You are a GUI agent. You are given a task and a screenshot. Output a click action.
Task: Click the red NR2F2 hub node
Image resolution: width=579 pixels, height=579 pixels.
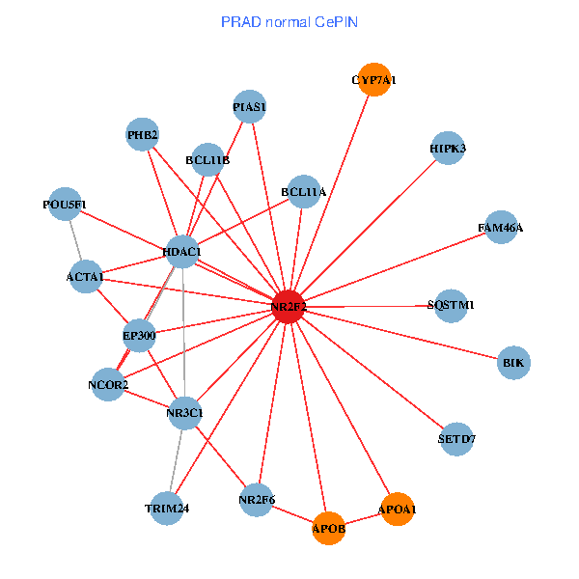[x=289, y=306]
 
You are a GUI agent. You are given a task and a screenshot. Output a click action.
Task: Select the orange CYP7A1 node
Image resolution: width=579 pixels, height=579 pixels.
[x=373, y=80]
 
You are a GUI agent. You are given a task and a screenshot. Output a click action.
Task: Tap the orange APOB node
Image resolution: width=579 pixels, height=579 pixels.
[x=329, y=528]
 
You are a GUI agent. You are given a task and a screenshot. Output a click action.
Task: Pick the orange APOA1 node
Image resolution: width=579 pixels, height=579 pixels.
[x=398, y=509]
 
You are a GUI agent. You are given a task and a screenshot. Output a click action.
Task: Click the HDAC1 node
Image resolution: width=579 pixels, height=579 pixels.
[x=181, y=253]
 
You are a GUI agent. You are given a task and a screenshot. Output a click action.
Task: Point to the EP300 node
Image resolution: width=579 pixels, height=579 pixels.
[x=139, y=337]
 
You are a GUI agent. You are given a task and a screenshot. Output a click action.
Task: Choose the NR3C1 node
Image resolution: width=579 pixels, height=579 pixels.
[x=184, y=414]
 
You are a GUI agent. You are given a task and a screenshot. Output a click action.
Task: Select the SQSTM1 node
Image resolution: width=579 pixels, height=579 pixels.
[x=451, y=305]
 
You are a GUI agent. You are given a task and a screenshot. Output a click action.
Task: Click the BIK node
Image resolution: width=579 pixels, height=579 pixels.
[x=513, y=363]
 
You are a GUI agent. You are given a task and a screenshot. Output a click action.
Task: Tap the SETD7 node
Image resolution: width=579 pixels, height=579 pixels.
[x=456, y=438]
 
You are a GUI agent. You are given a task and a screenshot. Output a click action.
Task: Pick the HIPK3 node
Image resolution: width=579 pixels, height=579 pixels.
[x=448, y=148]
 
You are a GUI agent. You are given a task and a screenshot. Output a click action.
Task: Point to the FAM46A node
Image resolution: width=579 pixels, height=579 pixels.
[x=501, y=228]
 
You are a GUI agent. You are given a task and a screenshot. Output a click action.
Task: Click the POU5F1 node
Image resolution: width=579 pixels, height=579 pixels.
[x=65, y=204]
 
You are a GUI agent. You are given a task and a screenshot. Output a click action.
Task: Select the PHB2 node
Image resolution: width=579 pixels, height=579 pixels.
[x=143, y=135]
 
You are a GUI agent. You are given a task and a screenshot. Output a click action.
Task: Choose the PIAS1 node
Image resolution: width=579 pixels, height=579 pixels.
[x=250, y=106]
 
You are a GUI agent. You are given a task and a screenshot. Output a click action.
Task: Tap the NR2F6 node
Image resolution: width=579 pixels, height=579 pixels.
[x=257, y=500]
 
